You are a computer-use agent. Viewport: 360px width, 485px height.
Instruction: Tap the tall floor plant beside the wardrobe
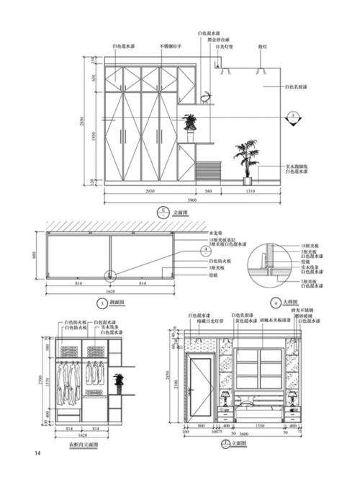246,161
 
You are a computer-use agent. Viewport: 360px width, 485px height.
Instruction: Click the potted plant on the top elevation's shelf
191,125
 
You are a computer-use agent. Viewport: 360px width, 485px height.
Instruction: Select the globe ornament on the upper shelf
206,97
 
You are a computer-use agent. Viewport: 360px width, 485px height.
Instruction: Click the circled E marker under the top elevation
163,213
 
